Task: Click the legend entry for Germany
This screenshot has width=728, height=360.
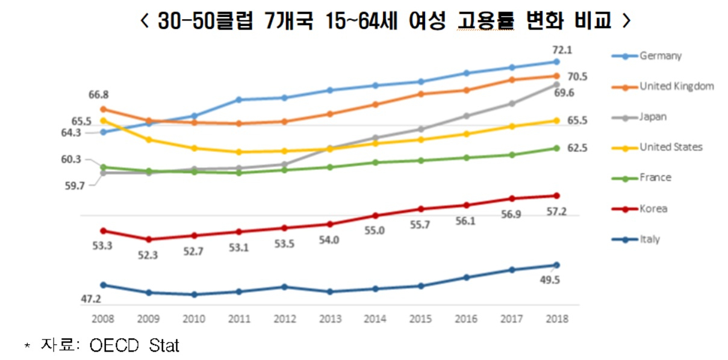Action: click(x=660, y=56)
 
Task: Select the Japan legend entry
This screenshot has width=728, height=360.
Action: click(x=653, y=117)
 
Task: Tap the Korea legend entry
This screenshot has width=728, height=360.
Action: click(x=653, y=209)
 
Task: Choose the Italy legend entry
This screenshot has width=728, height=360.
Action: click(x=649, y=239)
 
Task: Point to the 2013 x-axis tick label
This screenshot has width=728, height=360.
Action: click(x=329, y=318)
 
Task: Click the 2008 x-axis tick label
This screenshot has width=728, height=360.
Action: click(x=103, y=318)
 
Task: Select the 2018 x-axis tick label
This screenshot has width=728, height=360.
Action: click(x=556, y=318)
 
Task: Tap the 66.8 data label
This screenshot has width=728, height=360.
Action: click(x=98, y=95)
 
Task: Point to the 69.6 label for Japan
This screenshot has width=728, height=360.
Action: click(x=564, y=93)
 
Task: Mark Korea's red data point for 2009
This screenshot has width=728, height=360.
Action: click(x=148, y=239)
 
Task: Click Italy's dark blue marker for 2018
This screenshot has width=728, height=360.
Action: click(x=556, y=265)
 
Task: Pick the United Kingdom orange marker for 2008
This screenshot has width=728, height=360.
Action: click(x=103, y=109)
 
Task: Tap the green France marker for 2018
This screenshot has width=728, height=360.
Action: click(x=556, y=148)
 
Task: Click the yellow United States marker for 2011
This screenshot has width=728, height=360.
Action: click(x=239, y=152)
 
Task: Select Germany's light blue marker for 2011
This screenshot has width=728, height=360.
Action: click(x=239, y=99)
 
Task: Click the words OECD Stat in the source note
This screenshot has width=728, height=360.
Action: click(x=134, y=346)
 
